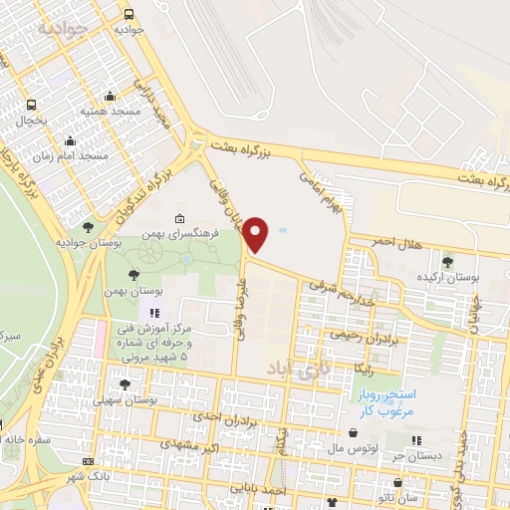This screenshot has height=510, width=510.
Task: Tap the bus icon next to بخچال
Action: pyautogui.click(x=33, y=105)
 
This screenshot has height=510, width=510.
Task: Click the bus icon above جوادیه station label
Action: pyautogui.click(x=128, y=14)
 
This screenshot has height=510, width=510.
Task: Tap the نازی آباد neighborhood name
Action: pyautogui.click(x=290, y=371)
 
